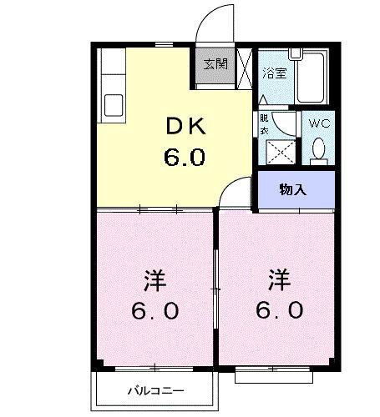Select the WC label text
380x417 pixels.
319,123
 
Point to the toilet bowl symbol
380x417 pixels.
318,148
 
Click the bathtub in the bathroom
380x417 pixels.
314,77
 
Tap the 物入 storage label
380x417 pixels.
293,189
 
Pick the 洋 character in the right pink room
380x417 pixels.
279,277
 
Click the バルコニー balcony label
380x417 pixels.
155,389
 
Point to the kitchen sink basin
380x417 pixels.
113,106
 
